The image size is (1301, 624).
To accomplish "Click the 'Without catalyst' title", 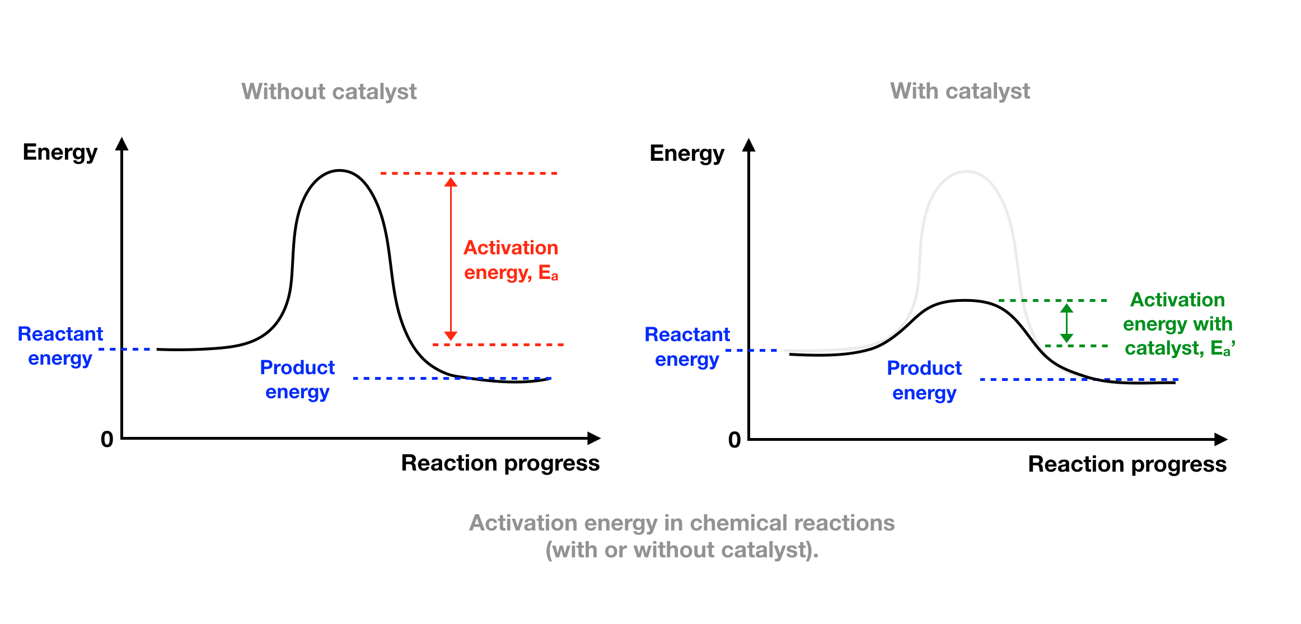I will [x=329, y=92].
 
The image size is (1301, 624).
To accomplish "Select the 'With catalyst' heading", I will [x=960, y=91].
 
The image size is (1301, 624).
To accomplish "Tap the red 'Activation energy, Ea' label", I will [x=511, y=260].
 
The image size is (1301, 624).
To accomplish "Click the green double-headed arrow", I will [x=1066, y=323].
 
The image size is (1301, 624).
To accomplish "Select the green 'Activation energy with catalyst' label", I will [x=1178, y=324].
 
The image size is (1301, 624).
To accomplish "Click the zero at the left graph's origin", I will [x=107, y=440].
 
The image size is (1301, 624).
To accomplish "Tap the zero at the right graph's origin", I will [x=734, y=440].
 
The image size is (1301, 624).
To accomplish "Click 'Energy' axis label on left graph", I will [x=60, y=153].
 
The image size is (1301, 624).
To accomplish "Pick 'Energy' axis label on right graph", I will [x=687, y=154].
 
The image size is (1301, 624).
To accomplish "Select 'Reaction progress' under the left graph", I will [x=500, y=464].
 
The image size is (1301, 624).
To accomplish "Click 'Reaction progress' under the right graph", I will [x=1127, y=465].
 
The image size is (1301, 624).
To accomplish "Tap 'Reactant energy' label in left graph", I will [x=60, y=346].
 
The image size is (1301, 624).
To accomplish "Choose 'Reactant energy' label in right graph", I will [x=687, y=347].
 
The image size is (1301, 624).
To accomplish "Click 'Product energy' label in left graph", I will [x=297, y=379].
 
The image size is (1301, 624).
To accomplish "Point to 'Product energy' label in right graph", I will [x=924, y=380].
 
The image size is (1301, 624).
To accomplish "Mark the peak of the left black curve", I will [x=339, y=170].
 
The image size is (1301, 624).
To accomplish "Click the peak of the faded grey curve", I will [x=966, y=171].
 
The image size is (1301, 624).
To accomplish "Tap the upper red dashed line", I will [x=469, y=174].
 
